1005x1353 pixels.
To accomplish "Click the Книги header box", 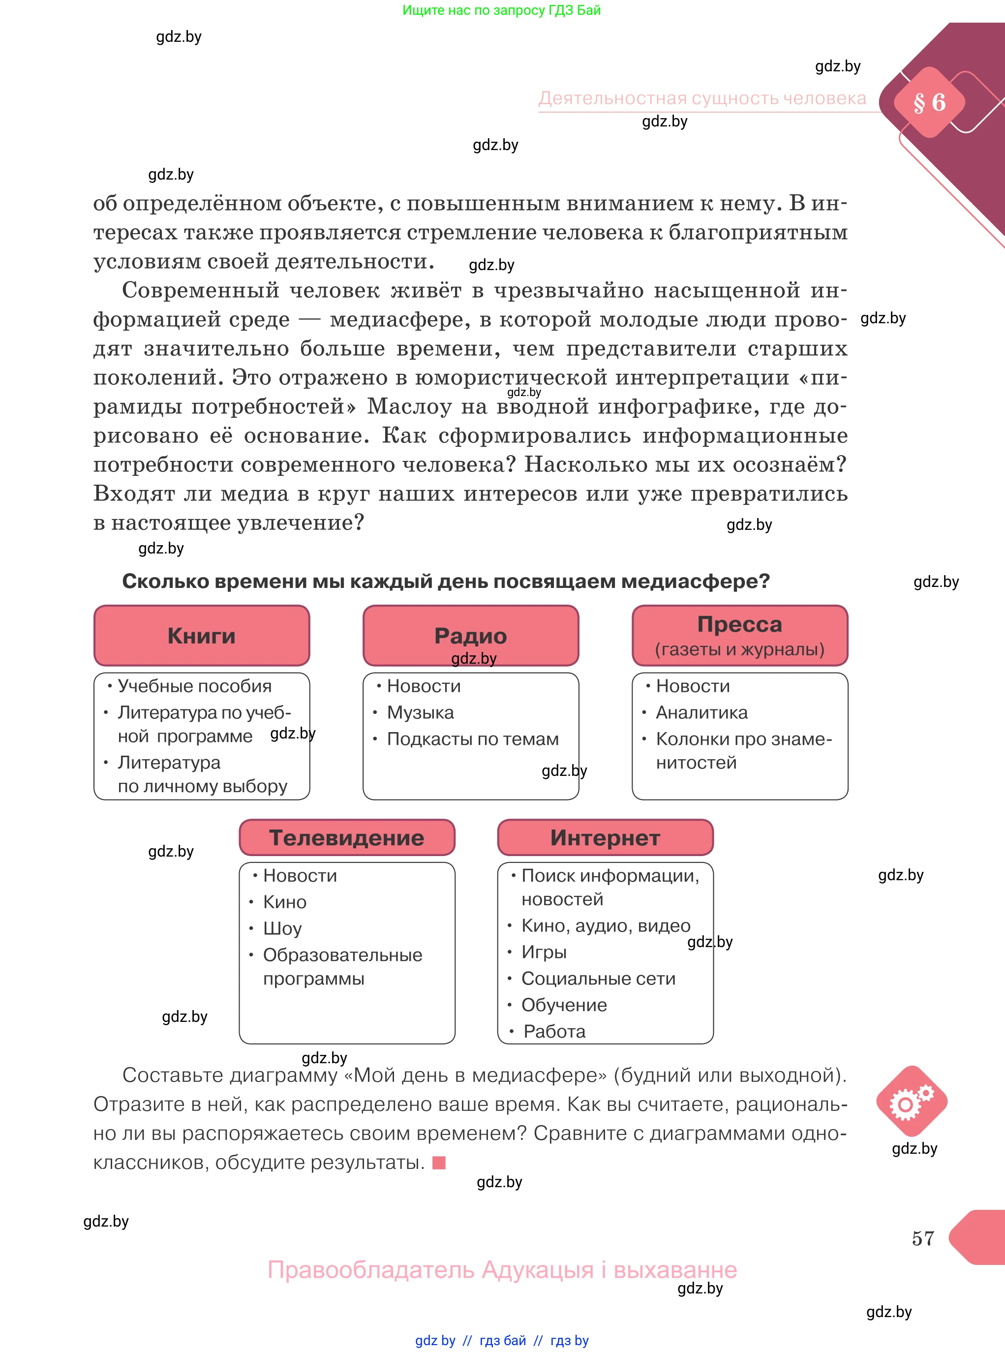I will click(201, 635).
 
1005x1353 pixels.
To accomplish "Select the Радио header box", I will click(470, 635).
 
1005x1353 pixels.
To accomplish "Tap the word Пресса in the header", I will click(739, 624).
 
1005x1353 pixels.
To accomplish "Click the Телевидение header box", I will click(347, 838).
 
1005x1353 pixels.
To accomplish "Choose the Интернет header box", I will click(605, 838).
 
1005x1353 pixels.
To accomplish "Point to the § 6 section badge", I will click(929, 102).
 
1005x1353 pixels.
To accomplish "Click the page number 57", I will click(922, 1238).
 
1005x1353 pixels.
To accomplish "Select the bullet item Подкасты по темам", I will click(473, 738).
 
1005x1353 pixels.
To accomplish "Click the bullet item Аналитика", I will click(701, 712).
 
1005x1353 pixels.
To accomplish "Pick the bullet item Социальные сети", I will click(598, 978).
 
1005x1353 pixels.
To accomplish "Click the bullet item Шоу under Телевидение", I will click(282, 928).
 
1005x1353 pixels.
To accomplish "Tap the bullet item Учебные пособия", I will click(194, 686).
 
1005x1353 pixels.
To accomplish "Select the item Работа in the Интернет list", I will click(554, 1031).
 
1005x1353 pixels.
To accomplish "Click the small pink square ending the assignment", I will click(439, 1163).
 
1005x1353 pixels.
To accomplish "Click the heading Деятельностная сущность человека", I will click(702, 98).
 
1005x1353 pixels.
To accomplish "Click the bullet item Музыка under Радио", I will click(421, 712).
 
